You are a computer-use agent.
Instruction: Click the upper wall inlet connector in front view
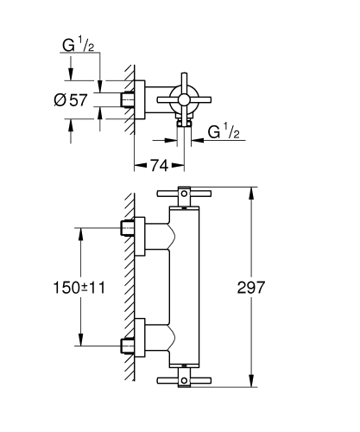click(129, 230)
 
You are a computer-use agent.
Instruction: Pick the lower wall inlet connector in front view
click(129, 346)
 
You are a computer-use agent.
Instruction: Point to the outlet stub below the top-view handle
click(183, 125)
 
